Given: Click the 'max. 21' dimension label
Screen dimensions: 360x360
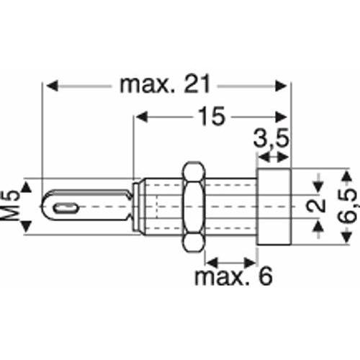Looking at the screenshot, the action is [x=165, y=84].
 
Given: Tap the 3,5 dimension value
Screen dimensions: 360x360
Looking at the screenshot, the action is [x=271, y=139].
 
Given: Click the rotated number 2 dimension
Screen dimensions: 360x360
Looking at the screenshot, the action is [x=315, y=206].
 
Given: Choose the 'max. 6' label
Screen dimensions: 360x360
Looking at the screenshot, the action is [x=233, y=276].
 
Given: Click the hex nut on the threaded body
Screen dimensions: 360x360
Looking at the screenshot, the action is [x=194, y=207].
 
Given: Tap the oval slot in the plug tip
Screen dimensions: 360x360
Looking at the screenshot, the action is [x=66, y=208].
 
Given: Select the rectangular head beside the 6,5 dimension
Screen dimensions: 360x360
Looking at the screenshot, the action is [x=274, y=207].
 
